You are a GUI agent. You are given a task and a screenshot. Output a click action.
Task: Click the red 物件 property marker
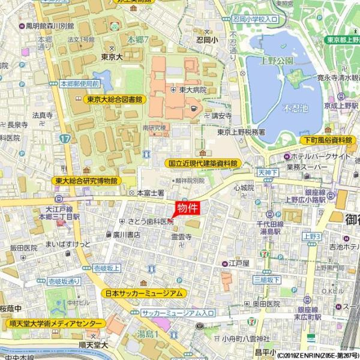[x=187, y=208]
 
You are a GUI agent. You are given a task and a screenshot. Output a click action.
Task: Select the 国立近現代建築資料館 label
[x=202, y=163]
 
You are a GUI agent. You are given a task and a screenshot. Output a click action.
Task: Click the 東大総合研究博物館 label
[x=86, y=180]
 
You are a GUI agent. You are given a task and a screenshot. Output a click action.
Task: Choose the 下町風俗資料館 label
[x=326, y=139]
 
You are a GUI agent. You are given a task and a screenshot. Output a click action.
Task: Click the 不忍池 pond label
[x=294, y=108]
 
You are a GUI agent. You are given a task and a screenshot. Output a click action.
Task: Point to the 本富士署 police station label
[x=150, y=193]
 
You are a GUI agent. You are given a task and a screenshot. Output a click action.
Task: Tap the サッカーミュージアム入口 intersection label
[x=178, y=313]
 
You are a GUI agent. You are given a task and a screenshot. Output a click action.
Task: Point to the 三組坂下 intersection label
[x=266, y=280]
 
